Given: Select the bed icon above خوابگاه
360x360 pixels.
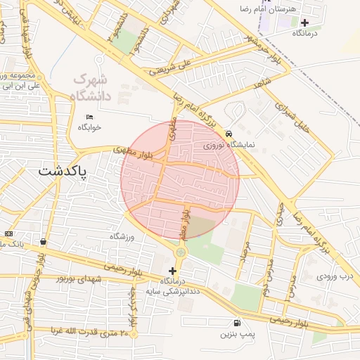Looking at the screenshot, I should (x=89, y=116).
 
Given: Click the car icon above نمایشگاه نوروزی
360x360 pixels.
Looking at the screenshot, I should (x=229, y=134).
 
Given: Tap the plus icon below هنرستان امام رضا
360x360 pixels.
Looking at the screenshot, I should (x=304, y=22).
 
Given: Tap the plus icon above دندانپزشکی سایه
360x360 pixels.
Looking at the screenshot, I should (x=173, y=271).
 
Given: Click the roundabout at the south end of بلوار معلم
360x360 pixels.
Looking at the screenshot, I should (x=181, y=251).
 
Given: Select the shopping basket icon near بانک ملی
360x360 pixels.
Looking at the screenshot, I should (x=44, y=241).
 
